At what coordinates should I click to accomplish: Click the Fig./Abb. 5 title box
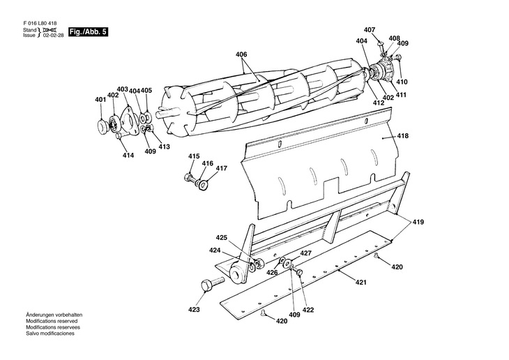[x=88, y=32]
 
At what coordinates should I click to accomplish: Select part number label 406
[x=241, y=54]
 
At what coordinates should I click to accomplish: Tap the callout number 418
[x=402, y=136]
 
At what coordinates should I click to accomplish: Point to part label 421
[x=360, y=283]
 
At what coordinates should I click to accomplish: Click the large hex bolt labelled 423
[x=212, y=284]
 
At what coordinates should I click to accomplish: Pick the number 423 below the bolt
[x=194, y=310]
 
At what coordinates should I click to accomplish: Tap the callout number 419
[x=418, y=223]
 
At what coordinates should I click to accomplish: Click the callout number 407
[x=370, y=30]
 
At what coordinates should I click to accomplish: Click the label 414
[x=128, y=156]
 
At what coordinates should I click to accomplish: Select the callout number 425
[x=222, y=237]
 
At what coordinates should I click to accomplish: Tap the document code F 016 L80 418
[x=40, y=24]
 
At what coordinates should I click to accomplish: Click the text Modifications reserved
[x=52, y=321]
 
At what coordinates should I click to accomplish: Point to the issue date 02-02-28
[x=53, y=36]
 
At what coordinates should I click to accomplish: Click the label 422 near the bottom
[x=308, y=310]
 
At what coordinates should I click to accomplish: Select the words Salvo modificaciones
[x=50, y=333]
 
